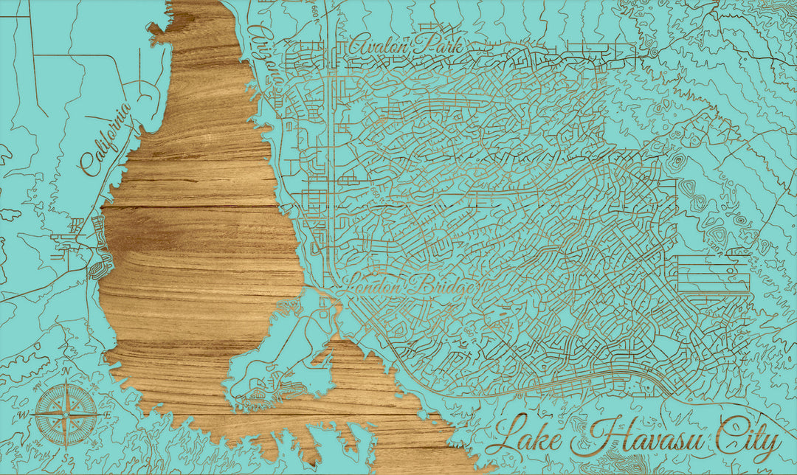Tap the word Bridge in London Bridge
[444, 286]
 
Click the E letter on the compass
[108, 415]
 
